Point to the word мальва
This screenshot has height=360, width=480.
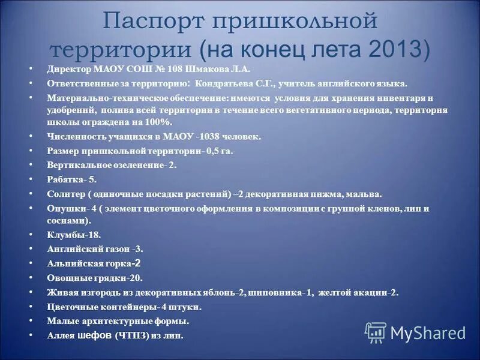pyautogui.click(x=365, y=194)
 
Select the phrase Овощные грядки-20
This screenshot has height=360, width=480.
pyautogui.click(x=95, y=278)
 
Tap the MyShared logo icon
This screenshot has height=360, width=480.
pyautogui.click(x=376, y=332)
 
